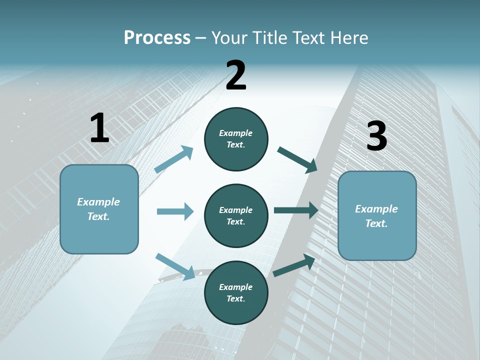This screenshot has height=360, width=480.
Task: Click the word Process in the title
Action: (157, 38)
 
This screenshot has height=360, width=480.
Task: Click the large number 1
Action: (99, 128)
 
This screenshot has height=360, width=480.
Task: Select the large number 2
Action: (236, 75)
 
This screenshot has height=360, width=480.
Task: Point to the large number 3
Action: (376, 136)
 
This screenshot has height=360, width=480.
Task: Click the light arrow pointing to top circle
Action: (174, 159)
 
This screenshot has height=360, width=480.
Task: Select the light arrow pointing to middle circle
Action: (175, 211)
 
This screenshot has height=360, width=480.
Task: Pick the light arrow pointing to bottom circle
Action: (175, 266)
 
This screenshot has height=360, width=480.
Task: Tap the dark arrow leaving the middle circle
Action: (296, 210)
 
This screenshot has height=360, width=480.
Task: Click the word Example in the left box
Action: (98, 202)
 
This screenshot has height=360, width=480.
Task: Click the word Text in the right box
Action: (376, 223)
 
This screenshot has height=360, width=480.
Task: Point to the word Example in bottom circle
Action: (235, 287)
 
